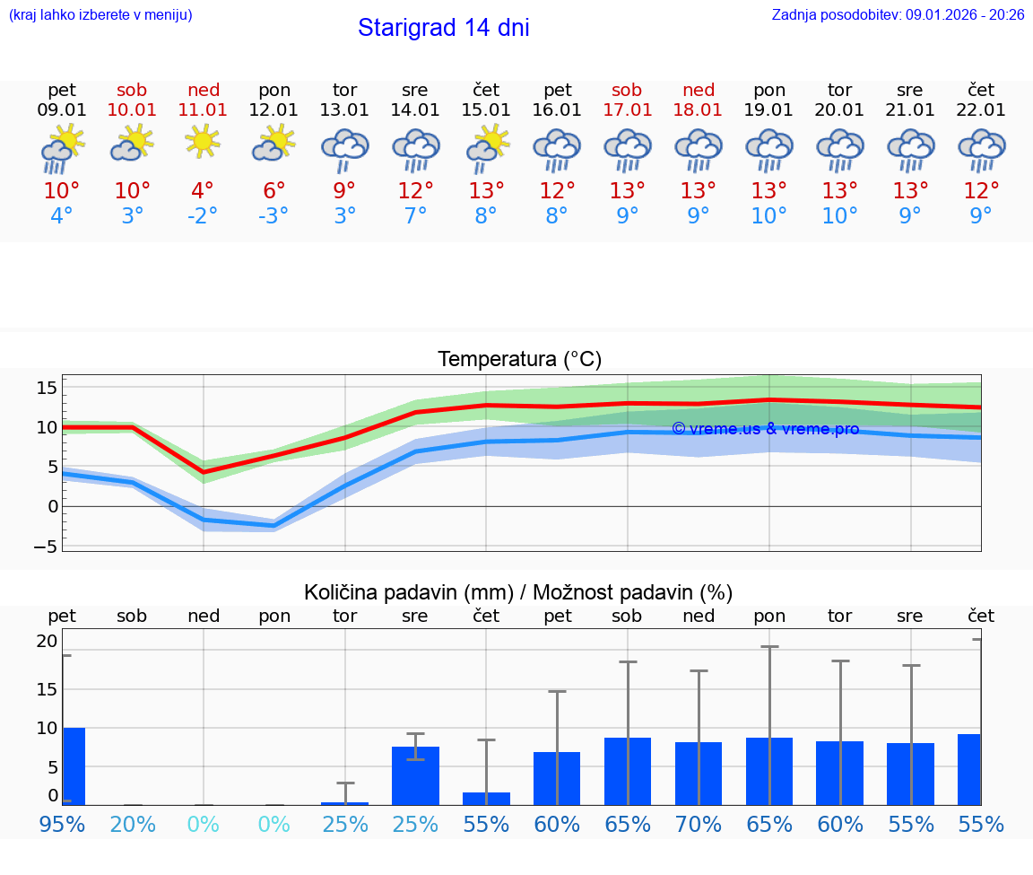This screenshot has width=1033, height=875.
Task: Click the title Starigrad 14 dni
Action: (x=443, y=28)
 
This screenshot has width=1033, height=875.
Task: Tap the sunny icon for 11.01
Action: (x=203, y=141)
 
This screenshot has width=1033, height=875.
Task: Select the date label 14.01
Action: (x=415, y=109)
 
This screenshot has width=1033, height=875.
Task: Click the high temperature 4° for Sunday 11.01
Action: (x=203, y=191)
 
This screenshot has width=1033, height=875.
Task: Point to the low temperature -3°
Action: (x=273, y=216)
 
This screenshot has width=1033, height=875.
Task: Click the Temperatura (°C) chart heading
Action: (x=519, y=360)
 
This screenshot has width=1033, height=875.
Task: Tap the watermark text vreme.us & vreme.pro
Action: (x=765, y=429)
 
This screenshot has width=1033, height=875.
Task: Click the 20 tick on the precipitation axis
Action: (x=47, y=641)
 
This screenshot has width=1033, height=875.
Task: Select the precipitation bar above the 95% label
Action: (x=74, y=766)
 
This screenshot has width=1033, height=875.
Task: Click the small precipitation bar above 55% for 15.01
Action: (x=486, y=799)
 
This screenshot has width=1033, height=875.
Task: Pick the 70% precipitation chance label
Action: (x=698, y=824)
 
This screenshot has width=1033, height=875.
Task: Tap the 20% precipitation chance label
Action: (x=133, y=824)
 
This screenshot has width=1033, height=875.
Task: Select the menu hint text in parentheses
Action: (x=100, y=15)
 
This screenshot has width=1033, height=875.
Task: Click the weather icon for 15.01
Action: (x=487, y=148)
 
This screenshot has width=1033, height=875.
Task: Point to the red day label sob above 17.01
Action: (x=627, y=90)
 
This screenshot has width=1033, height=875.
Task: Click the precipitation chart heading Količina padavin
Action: (x=518, y=592)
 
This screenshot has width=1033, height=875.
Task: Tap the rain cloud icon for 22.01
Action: (x=981, y=150)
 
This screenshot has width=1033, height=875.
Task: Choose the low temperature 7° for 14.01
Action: (x=415, y=216)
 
